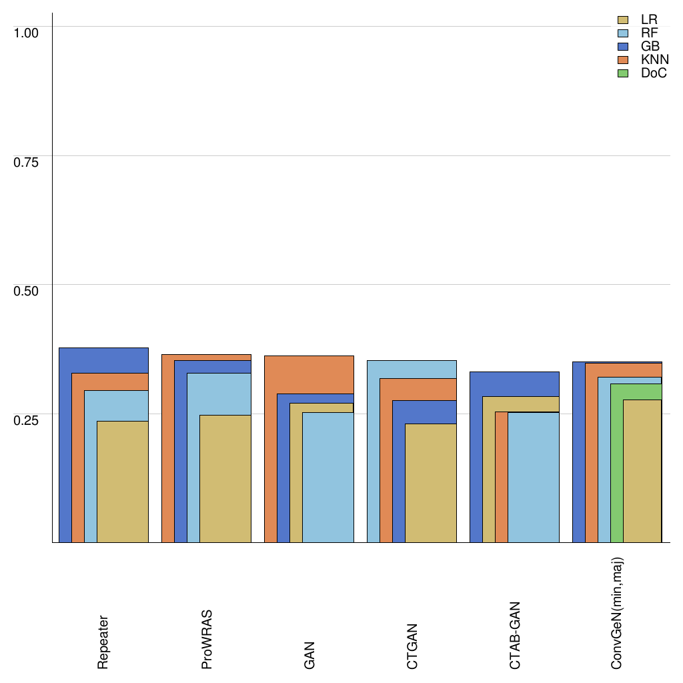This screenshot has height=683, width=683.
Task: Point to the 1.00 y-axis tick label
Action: (27, 32)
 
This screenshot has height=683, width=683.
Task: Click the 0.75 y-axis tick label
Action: (27, 161)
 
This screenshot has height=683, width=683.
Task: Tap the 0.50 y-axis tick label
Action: (27, 290)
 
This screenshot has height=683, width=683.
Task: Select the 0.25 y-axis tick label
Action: (27, 420)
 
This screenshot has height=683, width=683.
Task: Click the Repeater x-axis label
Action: (103, 642)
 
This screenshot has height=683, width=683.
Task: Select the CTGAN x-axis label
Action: (412, 646)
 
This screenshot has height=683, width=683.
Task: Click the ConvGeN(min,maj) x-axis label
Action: (618, 612)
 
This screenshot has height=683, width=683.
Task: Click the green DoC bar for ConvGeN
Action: (616, 467)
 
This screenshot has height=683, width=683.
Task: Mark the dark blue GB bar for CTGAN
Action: (398, 474)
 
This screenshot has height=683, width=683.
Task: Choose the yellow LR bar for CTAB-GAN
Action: (488, 474)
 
